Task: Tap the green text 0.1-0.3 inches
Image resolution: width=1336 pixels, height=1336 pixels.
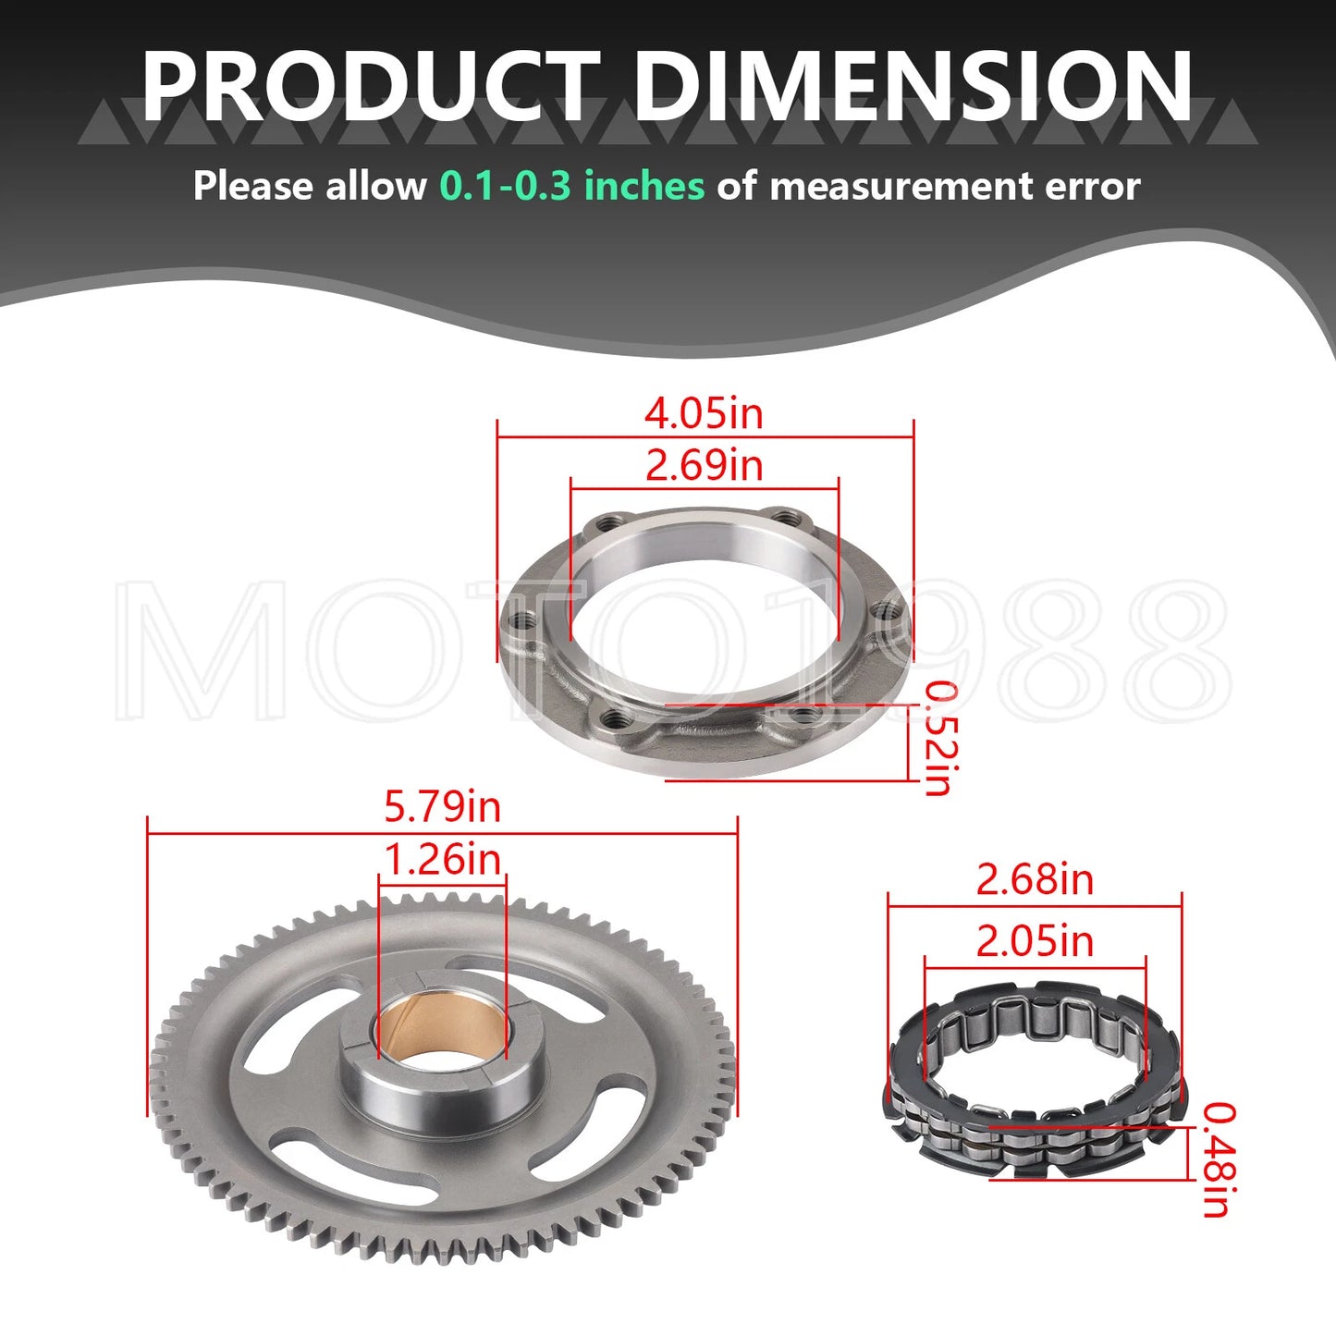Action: (571, 186)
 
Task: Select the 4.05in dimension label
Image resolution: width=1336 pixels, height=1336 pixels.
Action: (704, 413)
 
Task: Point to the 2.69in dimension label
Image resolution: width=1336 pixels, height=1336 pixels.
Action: (704, 464)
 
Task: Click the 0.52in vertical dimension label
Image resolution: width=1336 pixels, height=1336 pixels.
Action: (939, 738)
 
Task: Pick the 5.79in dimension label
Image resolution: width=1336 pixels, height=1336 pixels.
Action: (442, 806)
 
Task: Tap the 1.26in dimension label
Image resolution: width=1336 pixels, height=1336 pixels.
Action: (442, 860)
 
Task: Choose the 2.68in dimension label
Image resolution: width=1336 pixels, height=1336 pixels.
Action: (1035, 879)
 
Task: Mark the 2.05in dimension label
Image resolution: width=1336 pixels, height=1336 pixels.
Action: (1035, 941)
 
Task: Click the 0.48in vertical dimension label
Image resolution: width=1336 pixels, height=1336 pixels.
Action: (1217, 1159)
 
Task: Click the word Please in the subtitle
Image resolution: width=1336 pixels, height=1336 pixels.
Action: (252, 186)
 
